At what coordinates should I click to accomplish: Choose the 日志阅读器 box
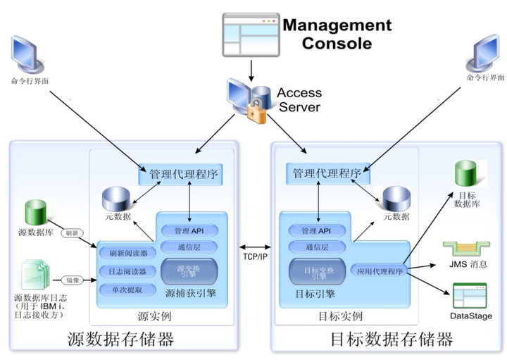127,272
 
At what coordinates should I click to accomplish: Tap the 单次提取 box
127,290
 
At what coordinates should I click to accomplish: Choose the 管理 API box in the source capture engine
188,230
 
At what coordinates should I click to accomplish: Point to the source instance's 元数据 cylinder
118,201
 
